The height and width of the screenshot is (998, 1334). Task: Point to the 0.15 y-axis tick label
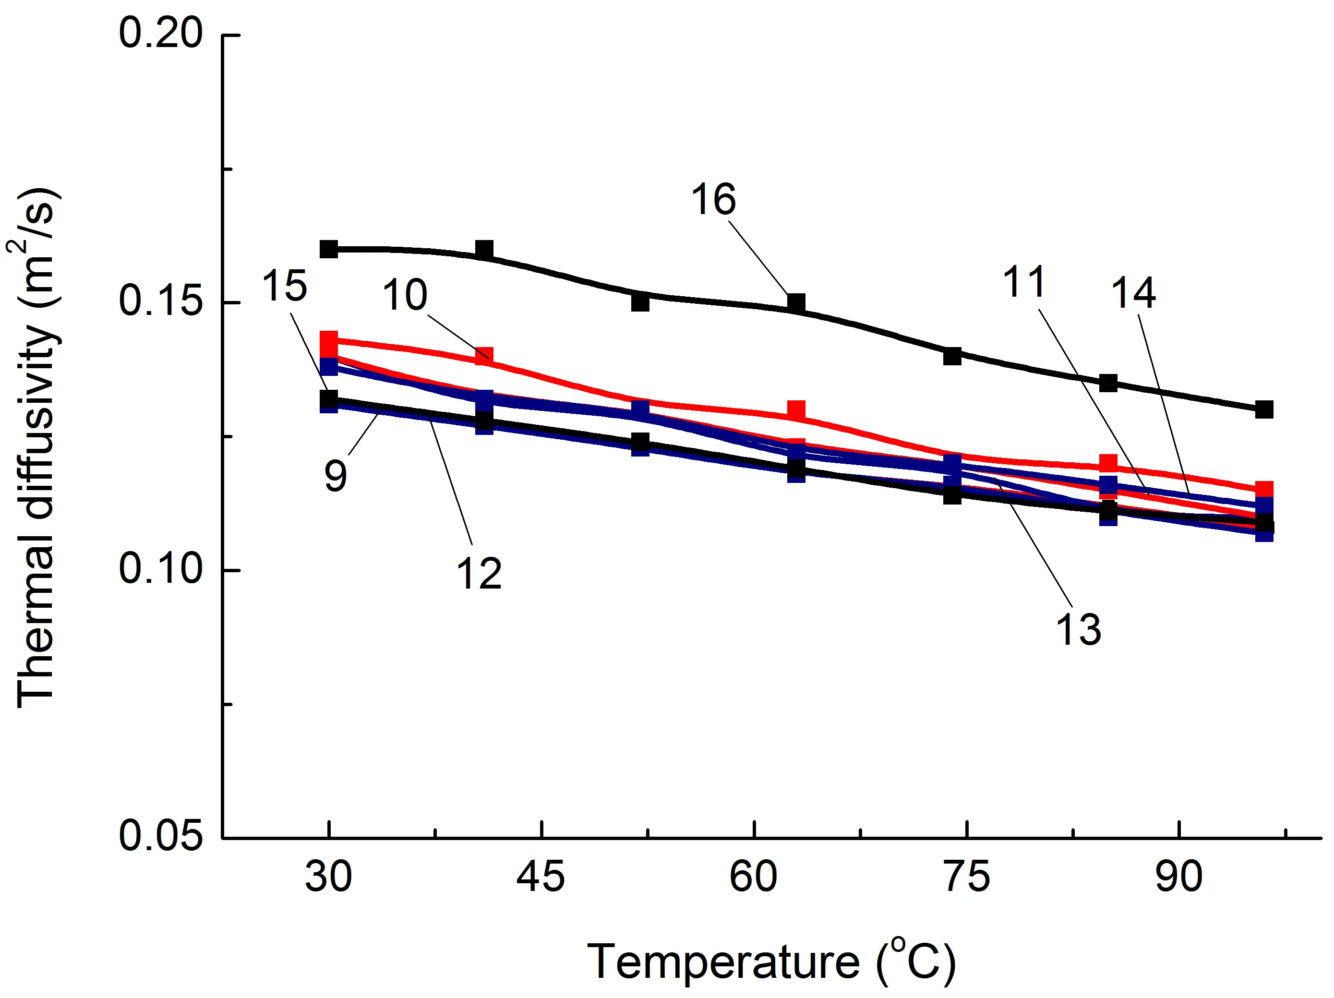tap(160, 301)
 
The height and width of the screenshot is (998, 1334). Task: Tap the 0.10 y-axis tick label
tap(160, 569)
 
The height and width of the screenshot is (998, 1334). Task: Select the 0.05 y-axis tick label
tap(160, 836)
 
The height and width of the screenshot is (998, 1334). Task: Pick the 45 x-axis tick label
tap(541, 877)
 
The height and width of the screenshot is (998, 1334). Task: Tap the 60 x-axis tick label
tap(753, 877)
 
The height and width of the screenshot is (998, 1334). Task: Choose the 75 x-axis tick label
tap(967, 877)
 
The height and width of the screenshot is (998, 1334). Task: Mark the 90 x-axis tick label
tap(1179, 877)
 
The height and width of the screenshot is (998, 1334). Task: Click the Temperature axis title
tap(771, 962)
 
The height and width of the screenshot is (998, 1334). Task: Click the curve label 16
tap(713, 200)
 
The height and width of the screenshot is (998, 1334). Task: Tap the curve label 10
tap(405, 296)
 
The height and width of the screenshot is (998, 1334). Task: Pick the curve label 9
tap(336, 476)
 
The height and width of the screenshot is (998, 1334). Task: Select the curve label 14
tap(1133, 293)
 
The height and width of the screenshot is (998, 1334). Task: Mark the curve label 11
tap(1023, 282)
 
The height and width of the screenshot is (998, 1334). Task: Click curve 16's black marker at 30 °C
tap(329, 249)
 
